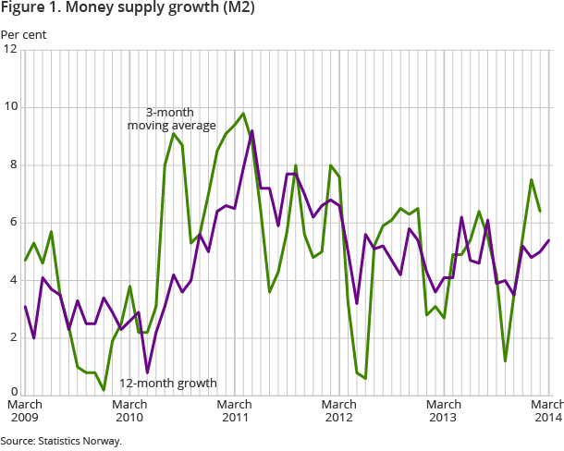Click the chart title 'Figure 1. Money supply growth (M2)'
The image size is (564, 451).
tap(128, 9)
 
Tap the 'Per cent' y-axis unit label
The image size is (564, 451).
tap(23, 35)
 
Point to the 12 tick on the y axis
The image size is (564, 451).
tap(10, 50)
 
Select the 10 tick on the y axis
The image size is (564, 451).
tap(10, 107)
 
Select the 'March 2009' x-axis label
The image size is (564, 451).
tap(24, 411)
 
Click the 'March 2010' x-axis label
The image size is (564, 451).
tap(129, 411)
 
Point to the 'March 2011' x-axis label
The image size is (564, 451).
tap(235, 411)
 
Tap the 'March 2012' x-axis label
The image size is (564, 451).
tap(339, 411)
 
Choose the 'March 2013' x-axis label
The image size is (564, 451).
tap(445, 411)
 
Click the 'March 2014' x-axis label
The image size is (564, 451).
tap(546, 411)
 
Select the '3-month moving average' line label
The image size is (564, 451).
tap(171, 118)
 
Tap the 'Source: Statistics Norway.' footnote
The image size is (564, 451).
tap(61, 441)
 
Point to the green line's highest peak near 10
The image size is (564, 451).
tap(243, 114)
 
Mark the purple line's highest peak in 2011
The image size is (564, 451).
tap(252, 130)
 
